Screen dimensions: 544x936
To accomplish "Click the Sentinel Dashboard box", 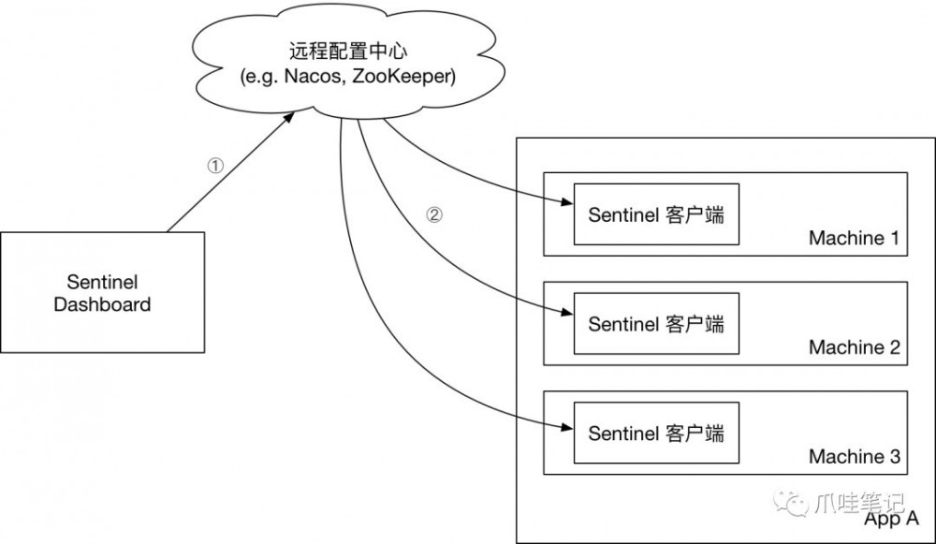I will tap(102, 292).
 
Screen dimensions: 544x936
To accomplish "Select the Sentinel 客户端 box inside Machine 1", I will tap(656, 214).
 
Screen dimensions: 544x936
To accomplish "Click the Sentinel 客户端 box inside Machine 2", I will tap(656, 324).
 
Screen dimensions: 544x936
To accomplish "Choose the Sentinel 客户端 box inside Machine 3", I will tap(656, 433).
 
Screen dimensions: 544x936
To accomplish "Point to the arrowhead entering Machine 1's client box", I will tap(566, 203).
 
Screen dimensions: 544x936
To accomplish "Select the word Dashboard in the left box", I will tap(102, 304).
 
